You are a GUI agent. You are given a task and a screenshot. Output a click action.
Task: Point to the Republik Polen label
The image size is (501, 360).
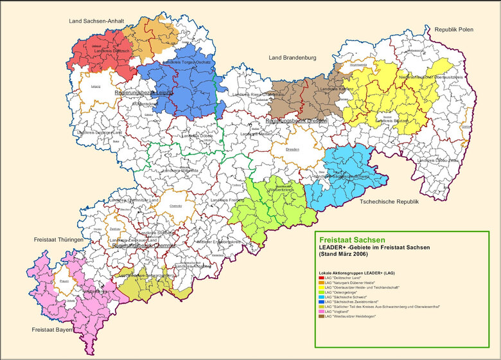pyautogui.click(x=453, y=30)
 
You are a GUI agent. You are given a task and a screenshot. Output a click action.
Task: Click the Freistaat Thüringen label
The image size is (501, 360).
pyautogui.click(x=59, y=240)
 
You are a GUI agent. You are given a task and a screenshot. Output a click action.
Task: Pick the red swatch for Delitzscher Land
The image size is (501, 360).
pyautogui.click(x=321, y=278)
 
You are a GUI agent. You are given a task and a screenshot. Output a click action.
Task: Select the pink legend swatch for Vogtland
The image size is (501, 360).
pyautogui.click(x=321, y=312)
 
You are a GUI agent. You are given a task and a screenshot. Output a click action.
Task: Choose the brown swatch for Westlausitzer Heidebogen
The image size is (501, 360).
pyautogui.click(x=321, y=317)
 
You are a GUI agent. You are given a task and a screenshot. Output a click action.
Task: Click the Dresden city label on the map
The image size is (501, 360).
pyautogui.click(x=292, y=149)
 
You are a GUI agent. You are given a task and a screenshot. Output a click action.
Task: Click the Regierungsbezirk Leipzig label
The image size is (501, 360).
pyautogui.click(x=145, y=93)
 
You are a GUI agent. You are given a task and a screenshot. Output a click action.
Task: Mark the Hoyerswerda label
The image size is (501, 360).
pyautogui.click(x=358, y=65)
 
